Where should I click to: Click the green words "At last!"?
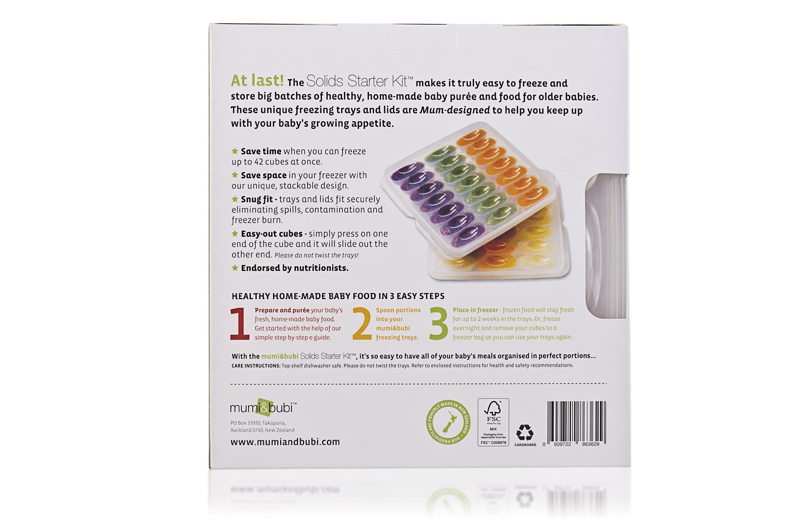tap(257, 81)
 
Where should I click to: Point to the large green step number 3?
tap(439, 324)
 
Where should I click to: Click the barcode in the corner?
tap(576, 423)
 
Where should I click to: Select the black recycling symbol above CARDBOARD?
tap(525, 433)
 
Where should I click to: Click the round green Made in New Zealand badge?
tap(448, 422)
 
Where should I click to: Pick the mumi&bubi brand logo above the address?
tap(263, 408)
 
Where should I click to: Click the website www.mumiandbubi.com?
tap(285, 442)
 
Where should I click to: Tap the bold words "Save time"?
tap(261, 151)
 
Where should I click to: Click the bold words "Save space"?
tap(264, 175)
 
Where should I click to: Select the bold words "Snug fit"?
tap(257, 199)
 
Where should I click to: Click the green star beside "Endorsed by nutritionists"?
tap(235, 268)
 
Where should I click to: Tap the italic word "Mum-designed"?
tap(455, 110)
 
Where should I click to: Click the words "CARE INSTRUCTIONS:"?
tap(256, 366)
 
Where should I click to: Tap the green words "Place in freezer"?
tap(475, 310)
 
